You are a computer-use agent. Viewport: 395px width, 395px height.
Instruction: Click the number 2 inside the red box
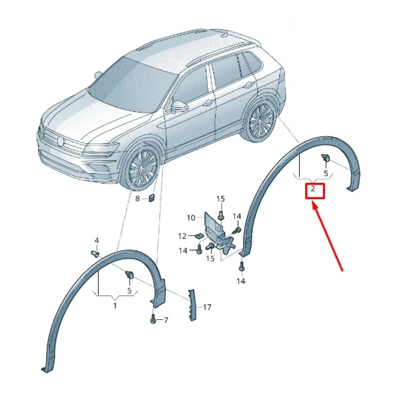[x=313, y=190]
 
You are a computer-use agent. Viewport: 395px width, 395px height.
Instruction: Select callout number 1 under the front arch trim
[x=115, y=305]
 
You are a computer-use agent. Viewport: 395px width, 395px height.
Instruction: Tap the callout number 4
[x=96, y=241]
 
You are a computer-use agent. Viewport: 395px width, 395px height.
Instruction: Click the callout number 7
[x=166, y=321]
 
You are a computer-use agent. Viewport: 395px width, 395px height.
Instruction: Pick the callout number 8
[x=137, y=199]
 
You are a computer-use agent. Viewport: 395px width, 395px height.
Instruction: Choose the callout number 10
[x=191, y=217]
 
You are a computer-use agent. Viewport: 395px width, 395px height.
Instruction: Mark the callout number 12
[x=182, y=236]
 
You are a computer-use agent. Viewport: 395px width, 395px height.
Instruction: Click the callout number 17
[x=207, y=308]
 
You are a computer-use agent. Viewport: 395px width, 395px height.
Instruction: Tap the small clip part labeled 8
[x=152, y=197]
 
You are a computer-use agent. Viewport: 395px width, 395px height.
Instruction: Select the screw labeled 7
[x=153, y=319]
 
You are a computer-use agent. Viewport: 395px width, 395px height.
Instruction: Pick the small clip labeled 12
[x=199, y=236]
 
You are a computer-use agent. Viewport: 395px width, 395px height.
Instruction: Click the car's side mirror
[x=180, y=106]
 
